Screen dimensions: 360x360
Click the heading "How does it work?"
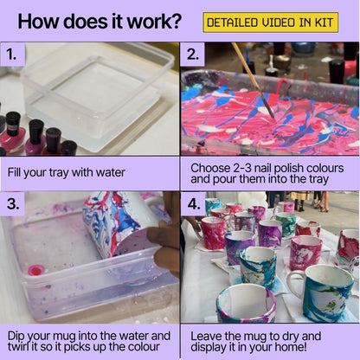pos(100,21)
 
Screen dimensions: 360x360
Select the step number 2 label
pos(194,56)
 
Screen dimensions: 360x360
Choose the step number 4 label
pos(194,205)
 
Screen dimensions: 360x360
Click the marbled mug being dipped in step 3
pos(125,225)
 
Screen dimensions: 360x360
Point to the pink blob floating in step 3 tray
pos(35,270)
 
